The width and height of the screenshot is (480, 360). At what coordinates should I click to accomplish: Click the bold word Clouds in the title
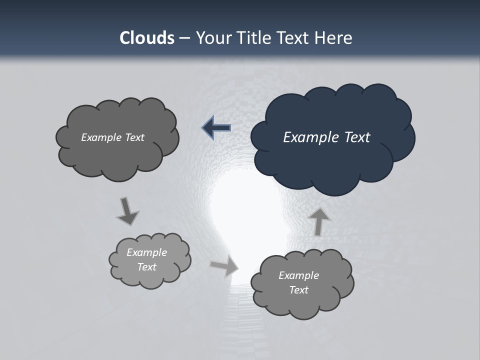tap(146, 38)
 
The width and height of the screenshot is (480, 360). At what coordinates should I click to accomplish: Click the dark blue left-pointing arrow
tap(216, 128)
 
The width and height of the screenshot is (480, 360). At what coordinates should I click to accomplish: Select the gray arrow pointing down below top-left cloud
tap(127, 211)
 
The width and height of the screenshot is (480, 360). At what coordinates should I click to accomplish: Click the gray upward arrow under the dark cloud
tap(318, 221)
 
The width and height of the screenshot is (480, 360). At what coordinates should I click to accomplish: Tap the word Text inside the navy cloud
tap(357, 137)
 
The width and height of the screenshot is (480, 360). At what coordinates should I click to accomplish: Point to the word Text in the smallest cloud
tap(146, 267)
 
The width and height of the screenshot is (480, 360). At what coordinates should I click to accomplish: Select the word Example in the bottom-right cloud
tap(298, 275)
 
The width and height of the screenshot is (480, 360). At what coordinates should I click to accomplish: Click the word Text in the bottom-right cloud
tap(298, 290)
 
